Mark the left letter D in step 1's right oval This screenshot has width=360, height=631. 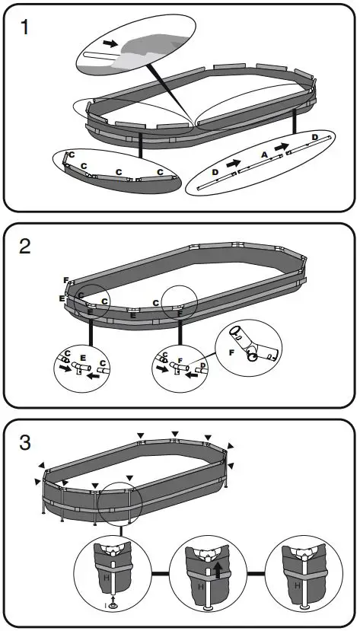click(215, 173)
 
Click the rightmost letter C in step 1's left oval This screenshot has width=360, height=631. click(159, 172)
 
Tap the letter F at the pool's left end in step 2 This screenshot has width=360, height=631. click(66, 280)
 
